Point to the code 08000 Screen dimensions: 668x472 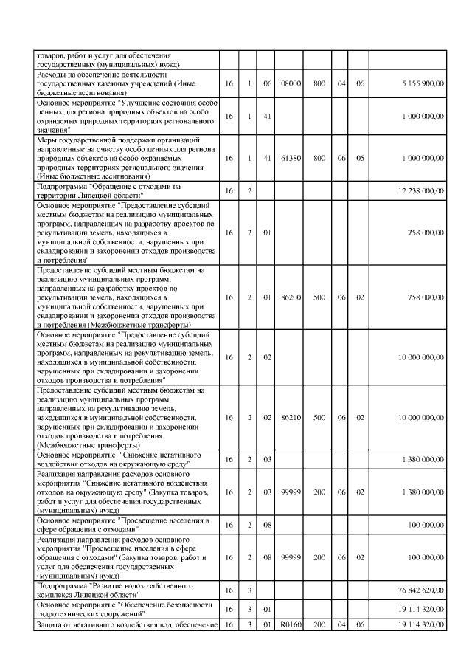pos(292,84)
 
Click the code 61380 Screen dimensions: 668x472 pos(292,158)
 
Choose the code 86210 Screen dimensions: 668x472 pos(292,418)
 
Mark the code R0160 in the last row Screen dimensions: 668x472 pos(292,625)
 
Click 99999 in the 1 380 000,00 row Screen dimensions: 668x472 pos(292,491)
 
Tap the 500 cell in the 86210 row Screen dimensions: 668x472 pos(319,418)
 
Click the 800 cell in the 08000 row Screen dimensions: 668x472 pos(319,84)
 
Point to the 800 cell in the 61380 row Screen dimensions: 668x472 pos(319,158)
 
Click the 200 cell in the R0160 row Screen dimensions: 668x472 pos(319,625)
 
